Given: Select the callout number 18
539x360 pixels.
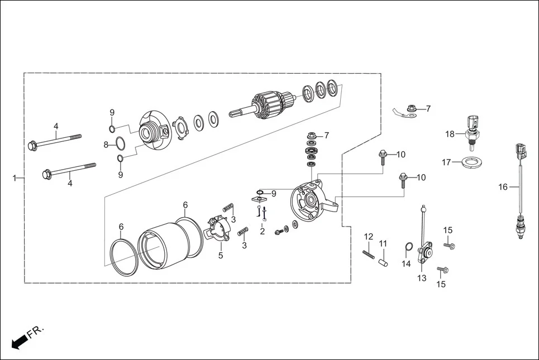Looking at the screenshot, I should pos(450,134).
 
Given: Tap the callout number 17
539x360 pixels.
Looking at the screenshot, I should pos(446,162).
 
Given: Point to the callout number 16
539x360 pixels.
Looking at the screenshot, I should pos(503,187).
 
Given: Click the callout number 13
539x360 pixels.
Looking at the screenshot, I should pos(421,277).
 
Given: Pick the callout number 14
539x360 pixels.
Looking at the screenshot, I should pos(406,263).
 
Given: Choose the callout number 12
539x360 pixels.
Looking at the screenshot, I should pos(368,237).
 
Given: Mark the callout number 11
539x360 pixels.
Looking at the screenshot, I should pos(383,243).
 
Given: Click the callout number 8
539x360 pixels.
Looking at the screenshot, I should pos(106,145).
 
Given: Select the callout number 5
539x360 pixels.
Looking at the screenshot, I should pos(220,256).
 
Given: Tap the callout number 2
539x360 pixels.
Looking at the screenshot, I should pos(262,231).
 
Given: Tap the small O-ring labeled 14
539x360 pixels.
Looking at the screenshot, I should pos(408,247).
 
